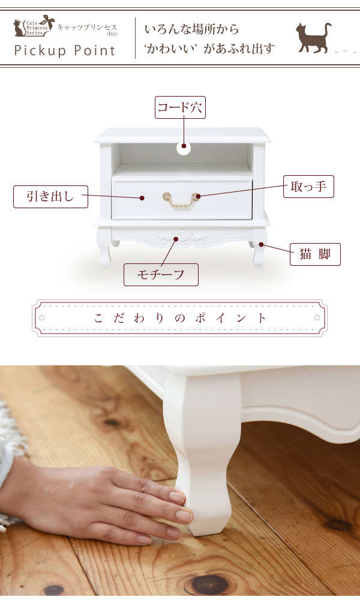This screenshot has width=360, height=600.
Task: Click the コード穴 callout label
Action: click(x=180, y=107)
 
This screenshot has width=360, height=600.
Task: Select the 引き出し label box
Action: click(x=50, y=197)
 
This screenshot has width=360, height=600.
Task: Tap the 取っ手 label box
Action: click(x=308, y=187)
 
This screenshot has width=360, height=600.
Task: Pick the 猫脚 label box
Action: click(x=315, y=254)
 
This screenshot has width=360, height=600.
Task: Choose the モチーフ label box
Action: click(x=161, y=274)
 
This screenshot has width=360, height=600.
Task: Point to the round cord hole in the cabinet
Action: click(x=184, y=148)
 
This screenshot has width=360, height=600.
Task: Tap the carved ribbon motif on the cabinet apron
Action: click(x=182, y=237)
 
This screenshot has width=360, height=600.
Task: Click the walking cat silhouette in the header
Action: click(x=314, y=37)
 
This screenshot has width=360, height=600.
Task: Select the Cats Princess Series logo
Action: click(x=34, y=26)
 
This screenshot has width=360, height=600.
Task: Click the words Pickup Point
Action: click(x=65, y=50)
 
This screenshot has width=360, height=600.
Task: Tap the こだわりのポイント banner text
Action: click(x=180, y=318)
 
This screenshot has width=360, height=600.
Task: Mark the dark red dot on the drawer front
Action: click(x=142, y=198)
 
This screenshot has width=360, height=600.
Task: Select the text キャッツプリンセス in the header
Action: click(x=87, y=28)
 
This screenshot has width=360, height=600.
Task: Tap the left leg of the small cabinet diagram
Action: click(x=104, y=247)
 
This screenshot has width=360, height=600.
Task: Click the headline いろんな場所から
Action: click(x=191, y=29)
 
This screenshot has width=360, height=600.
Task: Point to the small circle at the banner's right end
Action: click(x=317, y=317)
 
